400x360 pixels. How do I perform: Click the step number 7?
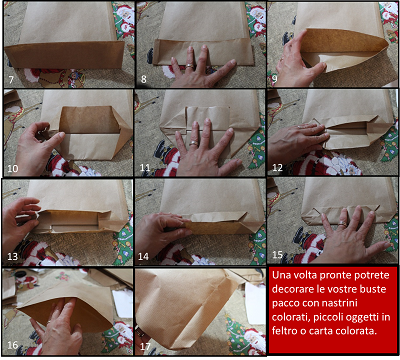[x=11, y=79]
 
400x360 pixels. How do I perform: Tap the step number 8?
[x=144, y=79]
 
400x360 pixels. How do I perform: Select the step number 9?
[x=275, y=80]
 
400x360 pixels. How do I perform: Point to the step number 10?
[x=13, y=168]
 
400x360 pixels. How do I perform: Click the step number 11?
[x=145, y=167]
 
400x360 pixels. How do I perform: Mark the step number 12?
[x=277, y=167]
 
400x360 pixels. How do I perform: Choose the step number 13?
[x=13, y=256]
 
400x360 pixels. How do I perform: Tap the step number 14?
[x=144, y=256]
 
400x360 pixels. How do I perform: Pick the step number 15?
[x=277, y=255]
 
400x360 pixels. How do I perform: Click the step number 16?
[x=13, y=345]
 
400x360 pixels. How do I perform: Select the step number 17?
[x=145, y=346]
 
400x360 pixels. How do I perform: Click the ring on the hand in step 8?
[x=190, y=66]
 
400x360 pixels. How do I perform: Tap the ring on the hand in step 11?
[x=194, y=144]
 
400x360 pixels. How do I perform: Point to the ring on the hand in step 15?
[x=342, y=224]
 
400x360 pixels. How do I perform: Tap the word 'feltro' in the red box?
[x=285, y=331]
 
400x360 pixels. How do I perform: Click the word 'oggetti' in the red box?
[x=362, y=318]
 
